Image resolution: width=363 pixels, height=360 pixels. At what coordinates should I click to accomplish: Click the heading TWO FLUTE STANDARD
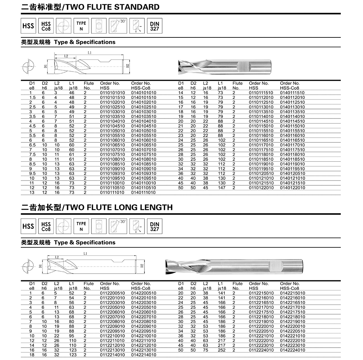pos(90,7)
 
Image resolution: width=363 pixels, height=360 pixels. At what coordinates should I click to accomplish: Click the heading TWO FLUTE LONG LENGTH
pos(97,207)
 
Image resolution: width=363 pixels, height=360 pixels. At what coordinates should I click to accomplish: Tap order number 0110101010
pos(112,93)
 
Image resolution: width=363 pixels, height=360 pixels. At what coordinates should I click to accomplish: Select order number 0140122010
pos(293,188)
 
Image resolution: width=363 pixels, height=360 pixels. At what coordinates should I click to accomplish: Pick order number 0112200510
pos(112,293)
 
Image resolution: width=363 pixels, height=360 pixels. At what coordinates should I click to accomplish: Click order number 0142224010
pos(293,350)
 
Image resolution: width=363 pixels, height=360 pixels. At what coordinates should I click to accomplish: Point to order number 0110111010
pos(112,193)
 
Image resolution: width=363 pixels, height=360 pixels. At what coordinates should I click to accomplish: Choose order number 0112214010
pos(112,355)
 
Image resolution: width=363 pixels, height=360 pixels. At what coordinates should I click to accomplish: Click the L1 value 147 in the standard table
pos(221,188)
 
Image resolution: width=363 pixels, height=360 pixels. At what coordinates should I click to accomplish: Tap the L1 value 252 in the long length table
pos(221,350)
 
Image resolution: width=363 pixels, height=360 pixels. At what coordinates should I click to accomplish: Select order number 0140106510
pos(143,145)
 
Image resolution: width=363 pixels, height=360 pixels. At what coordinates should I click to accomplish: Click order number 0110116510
pos(261,140)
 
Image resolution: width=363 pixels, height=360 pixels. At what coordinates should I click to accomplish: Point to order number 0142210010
pos(143,336)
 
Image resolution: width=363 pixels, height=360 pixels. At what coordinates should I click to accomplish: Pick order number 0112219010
pos(261,321)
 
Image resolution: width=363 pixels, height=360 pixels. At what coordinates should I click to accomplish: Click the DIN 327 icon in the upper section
pos(155,26)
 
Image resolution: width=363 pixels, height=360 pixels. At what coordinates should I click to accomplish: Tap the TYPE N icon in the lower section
pos(81,226)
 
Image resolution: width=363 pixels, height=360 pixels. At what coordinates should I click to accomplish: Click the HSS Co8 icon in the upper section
pos(46,26)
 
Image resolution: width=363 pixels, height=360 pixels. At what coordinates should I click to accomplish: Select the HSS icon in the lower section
pos(28,226)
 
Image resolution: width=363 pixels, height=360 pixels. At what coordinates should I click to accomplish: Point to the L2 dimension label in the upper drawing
pos(66,56)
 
